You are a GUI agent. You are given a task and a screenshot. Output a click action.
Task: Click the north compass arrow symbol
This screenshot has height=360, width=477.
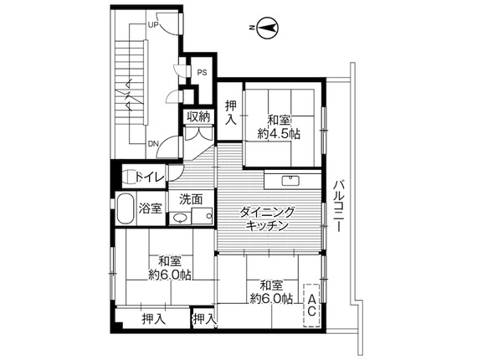point(268,28)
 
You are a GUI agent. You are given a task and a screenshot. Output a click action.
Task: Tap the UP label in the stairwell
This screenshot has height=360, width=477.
point(153,24)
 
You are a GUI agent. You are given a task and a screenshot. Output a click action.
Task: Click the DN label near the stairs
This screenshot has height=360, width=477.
point(153,143)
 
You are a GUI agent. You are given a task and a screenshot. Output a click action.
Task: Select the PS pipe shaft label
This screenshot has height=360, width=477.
point(202,73)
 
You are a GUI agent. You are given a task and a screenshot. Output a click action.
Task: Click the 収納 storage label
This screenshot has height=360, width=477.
point(198,116)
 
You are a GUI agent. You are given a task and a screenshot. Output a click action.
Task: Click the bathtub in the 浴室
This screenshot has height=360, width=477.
point(126,208)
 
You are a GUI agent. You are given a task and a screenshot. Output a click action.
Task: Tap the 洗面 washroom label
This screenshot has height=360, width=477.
point(191,199)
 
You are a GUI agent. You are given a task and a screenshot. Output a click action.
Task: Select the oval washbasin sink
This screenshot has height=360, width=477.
point(180,218)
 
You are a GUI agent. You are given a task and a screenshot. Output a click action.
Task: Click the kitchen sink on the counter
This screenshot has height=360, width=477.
point(291,181)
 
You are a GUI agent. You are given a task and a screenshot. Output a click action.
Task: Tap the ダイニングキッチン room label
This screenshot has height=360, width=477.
point(267,219)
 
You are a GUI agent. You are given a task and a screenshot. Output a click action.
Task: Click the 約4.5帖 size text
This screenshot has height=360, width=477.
point(279,134)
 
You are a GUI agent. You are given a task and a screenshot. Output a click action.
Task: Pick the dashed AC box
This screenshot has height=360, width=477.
point(311,306)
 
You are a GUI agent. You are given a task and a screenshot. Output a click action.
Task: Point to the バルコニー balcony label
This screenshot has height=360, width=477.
point(340,206)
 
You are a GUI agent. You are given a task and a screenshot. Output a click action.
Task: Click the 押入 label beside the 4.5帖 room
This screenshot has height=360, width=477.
point(231,112)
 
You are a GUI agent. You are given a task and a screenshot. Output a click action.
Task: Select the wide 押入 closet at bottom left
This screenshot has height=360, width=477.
point(154,319)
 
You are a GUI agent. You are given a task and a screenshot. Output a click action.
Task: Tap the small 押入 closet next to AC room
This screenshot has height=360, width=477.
point(204,319)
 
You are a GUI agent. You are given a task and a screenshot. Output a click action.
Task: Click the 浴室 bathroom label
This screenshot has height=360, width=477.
point(150,208)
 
